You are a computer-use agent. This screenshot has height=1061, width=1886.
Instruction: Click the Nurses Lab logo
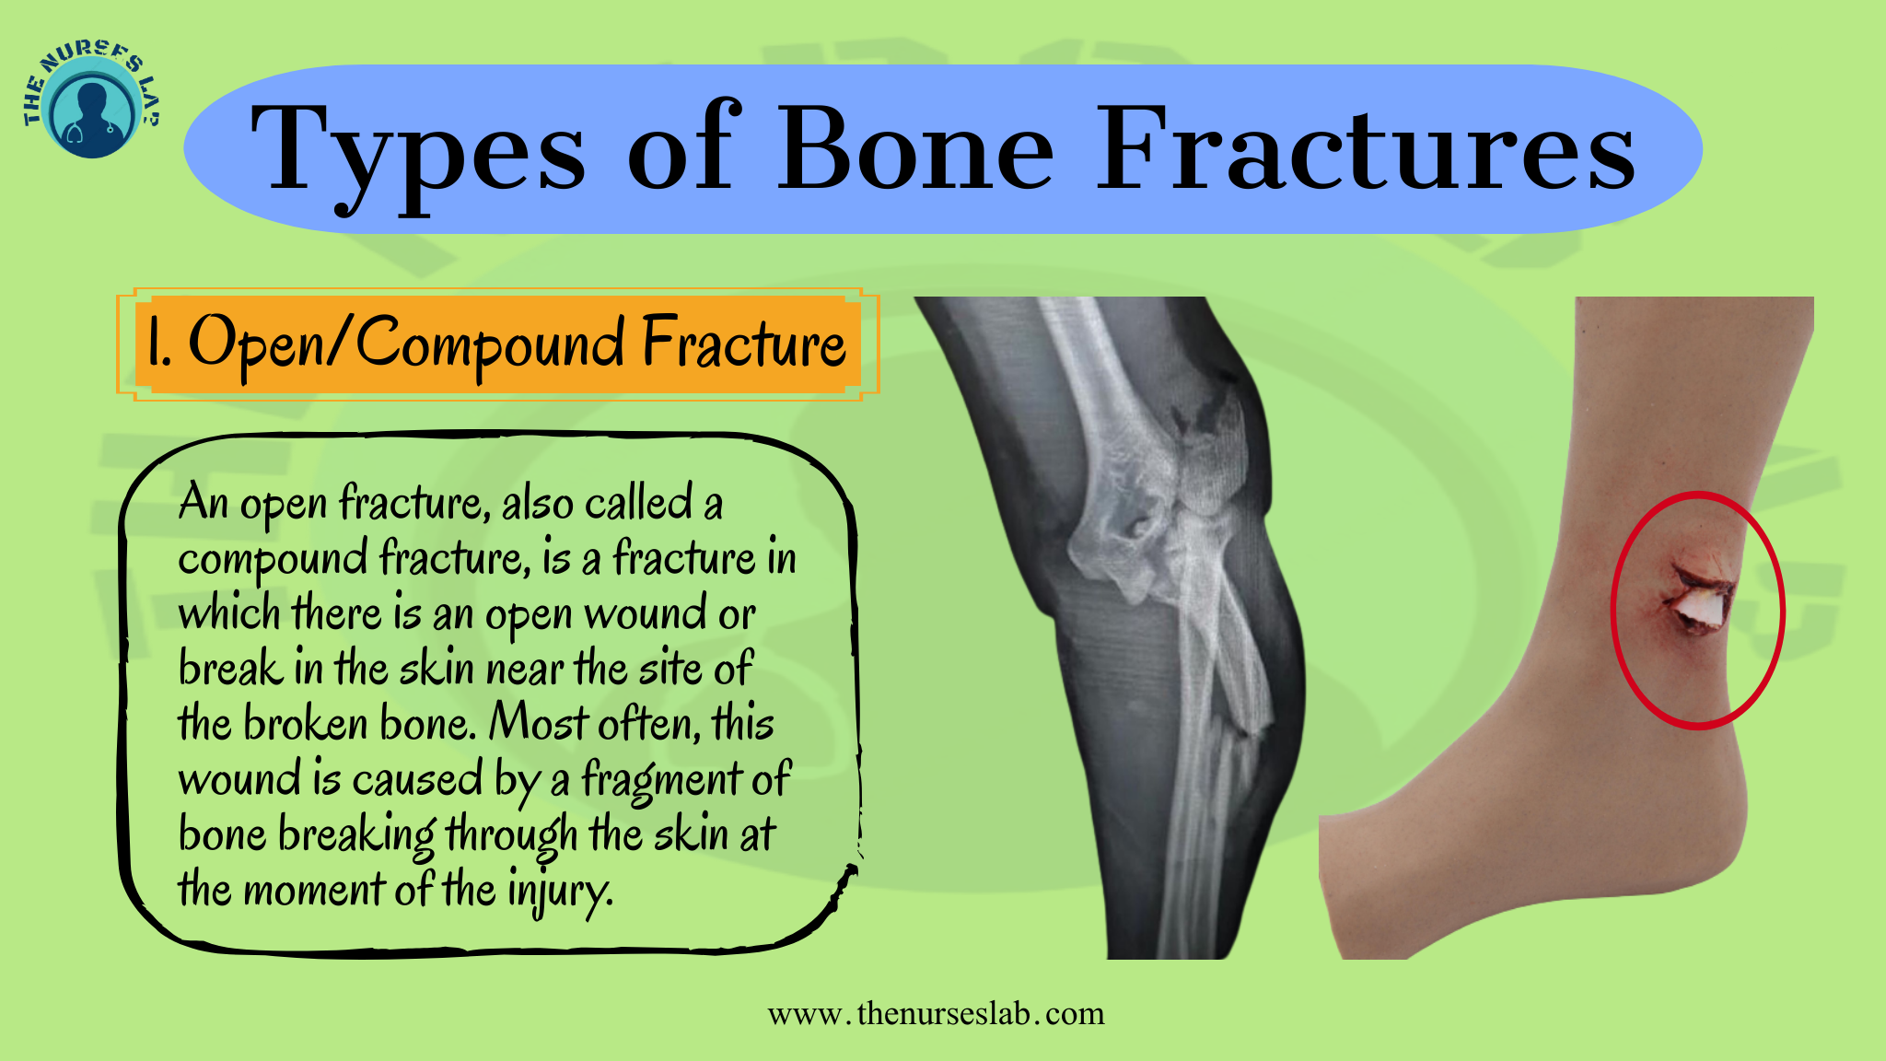coord(93,101)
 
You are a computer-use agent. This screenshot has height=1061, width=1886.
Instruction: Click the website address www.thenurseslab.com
coord(936,1014)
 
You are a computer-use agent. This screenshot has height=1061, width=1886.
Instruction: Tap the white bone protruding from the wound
coord(1696,609)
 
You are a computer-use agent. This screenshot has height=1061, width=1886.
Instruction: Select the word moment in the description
coord(313,892)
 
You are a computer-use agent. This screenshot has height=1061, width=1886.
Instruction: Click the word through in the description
coord(512,836)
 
